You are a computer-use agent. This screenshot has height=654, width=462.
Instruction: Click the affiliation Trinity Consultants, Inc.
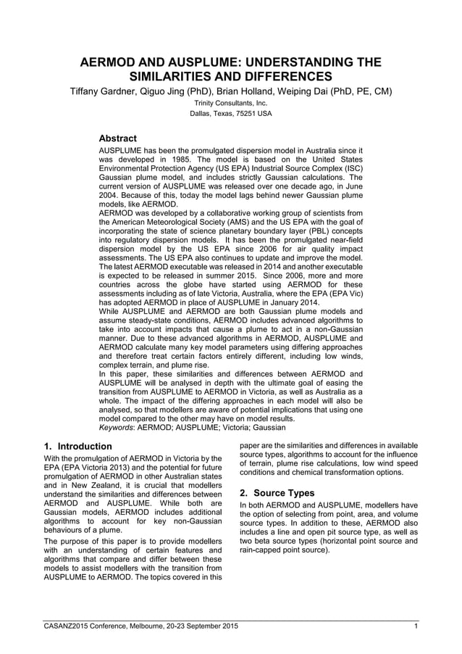pos(231,104)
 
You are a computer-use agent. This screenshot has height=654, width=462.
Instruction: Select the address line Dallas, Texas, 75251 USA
pos(231,114)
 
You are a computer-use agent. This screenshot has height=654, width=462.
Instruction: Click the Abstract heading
pos(117,138)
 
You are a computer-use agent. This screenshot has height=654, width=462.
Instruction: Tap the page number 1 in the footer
pos(416,625)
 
